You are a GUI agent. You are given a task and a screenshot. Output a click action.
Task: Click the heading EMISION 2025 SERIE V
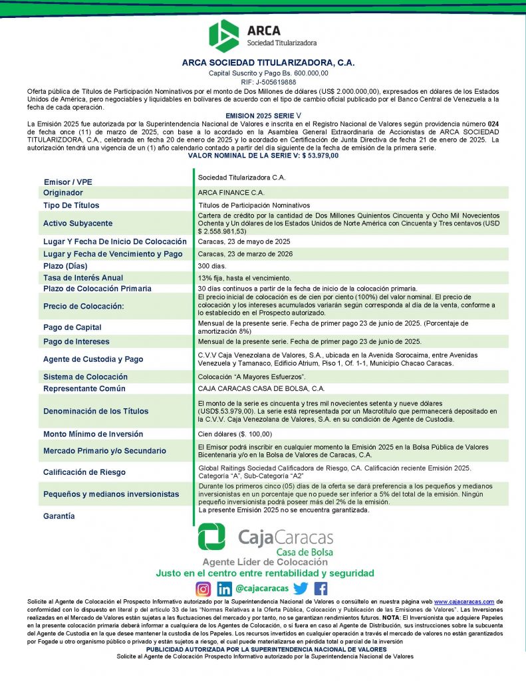pyautogui.click(x=264, y=115)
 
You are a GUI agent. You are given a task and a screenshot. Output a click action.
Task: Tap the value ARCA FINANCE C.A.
pyautogui.click(x=231, y=192)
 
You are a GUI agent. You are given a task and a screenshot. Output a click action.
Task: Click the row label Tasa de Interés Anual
pyautogui.click(x=83, y=277)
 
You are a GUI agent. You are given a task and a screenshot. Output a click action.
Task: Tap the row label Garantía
pyautogui.click(x=59, y=516)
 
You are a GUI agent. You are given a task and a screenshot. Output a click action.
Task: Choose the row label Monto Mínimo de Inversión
pyautogui.click(x=93, y=434)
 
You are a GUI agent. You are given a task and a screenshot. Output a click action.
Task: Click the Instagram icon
pyautogui.click(x=203, y=589)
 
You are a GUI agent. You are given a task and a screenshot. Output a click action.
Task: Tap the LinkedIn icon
pyautogui.click(x=225, y=589)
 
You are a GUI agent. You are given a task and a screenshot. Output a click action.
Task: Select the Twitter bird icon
pyautogui.click(x=301, y=589)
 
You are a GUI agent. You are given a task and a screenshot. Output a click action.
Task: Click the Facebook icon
pyautogui.click(x=321, y=589)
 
